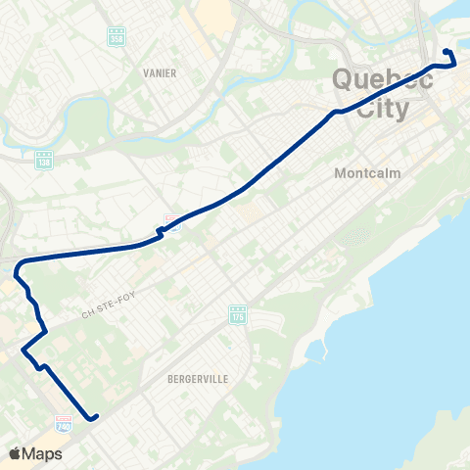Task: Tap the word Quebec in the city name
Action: tap(383, 80)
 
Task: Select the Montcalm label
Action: tap(367, 173)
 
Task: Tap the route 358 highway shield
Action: tap(117, 36)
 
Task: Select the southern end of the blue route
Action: tap(95, 418)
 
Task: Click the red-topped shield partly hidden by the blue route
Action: tap(171, 219)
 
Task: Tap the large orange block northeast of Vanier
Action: tap(213, 12)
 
